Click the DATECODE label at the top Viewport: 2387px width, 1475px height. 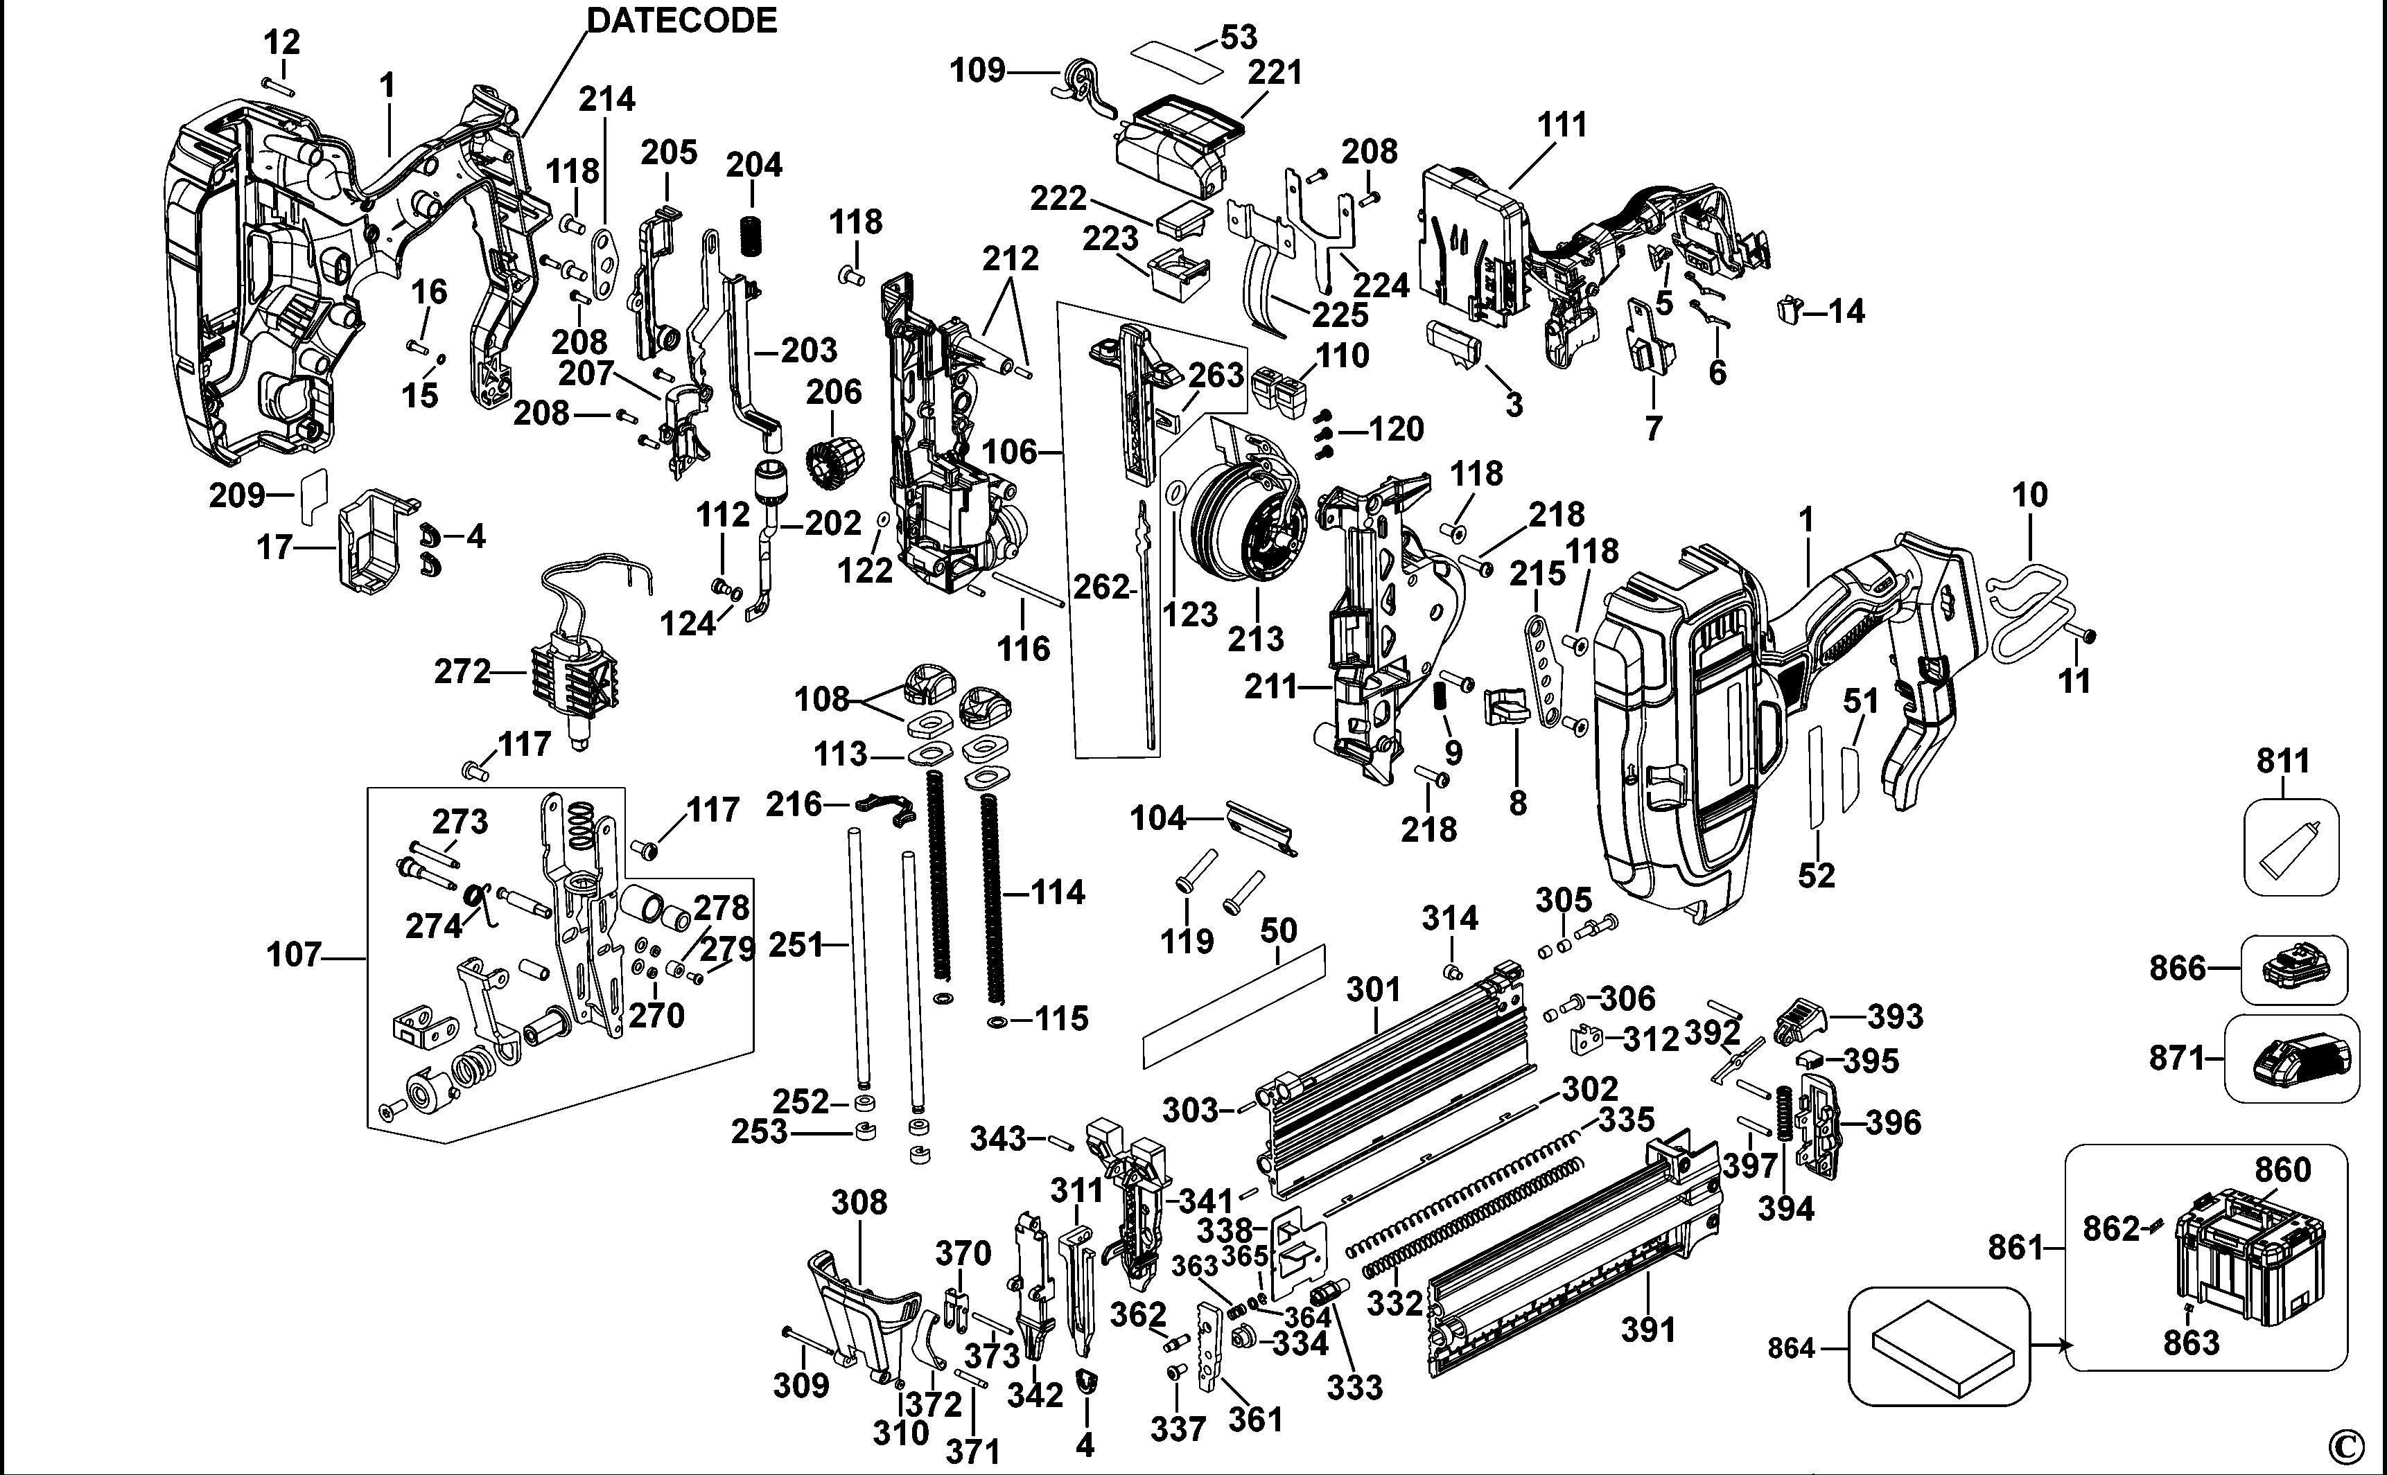(681, 19)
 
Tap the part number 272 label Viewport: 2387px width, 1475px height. (462, 671)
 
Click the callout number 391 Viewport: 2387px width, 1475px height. (1647, 1329)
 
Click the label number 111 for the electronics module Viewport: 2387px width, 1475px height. (1562, 125)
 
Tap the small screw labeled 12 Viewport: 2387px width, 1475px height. (277, 85)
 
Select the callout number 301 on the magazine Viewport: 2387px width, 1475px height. (1373, 989)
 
